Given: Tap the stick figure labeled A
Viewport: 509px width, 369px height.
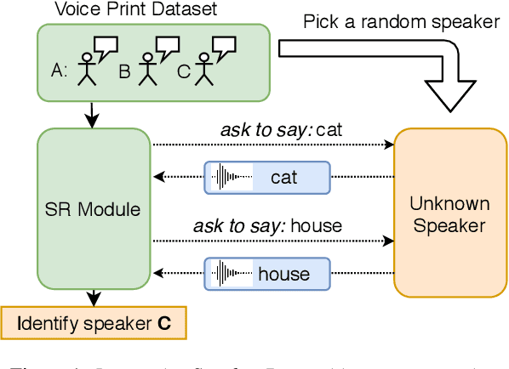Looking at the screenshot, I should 87,69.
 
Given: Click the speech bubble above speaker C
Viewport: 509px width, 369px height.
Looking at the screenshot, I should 223,46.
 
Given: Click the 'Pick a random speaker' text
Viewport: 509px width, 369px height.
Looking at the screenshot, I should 402,21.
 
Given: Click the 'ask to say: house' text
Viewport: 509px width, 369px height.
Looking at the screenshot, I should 268,225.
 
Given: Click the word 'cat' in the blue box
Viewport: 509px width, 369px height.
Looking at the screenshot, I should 283,178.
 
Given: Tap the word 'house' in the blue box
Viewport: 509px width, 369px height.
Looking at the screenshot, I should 283,274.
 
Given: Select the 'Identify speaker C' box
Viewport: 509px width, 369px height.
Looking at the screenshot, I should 94,323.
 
